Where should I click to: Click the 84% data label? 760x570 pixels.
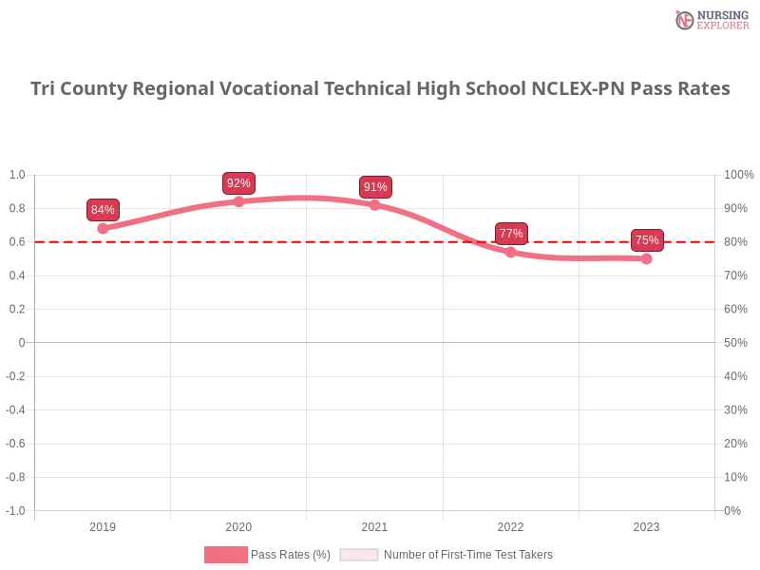(x=103, y=210)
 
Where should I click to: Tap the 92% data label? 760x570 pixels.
(x=238, y=183)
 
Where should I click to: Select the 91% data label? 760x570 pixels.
(x=375, y=187)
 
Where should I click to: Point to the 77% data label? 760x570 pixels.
(x=511, y=234)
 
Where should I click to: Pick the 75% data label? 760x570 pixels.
(x=647, y=240)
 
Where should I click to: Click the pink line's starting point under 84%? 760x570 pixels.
(x=103, y=228)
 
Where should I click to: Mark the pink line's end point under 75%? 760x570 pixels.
(x=647, y=258)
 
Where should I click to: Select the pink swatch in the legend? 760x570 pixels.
(x=225, y=555)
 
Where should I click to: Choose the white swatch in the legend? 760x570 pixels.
(x=359, y=555)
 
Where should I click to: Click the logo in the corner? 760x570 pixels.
(x=710, y=19)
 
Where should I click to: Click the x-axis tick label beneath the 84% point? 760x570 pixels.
(x=103, y=524)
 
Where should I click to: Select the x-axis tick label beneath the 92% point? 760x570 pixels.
(x=238, y=524)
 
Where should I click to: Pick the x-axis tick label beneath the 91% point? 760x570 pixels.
(x=372, y=524)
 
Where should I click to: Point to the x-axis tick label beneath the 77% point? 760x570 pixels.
(x=509, y=524)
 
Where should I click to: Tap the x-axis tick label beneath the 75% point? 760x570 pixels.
(x=646, y=524)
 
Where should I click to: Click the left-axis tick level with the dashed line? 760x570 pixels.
(x=18, y=242)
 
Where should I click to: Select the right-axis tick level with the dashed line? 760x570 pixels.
(x=736, y=242)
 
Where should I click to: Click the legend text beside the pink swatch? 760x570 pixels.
(x=293, y=555)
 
